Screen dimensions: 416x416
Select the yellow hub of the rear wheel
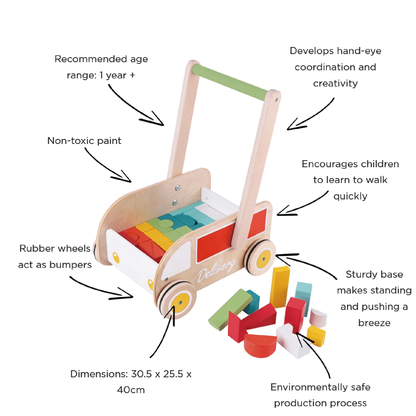click(263, 259)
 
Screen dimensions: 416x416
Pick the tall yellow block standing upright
click(280, 287)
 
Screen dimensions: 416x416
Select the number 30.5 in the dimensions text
click(141, 374)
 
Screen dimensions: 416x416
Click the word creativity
click(335, 83)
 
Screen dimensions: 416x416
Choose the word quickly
click(350, 196)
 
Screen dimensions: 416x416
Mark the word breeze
click(374, 323)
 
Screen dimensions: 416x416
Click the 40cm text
click(131, 390)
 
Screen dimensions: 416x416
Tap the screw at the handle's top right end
click(276, 99)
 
